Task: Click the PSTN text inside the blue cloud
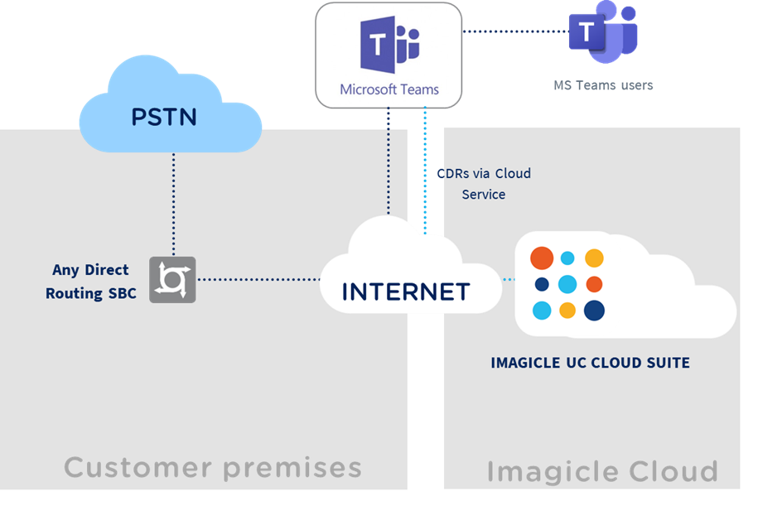point(164,117)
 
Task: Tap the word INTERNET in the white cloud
point(406,292)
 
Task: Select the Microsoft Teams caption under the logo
point(389,89)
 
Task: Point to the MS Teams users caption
point(603,85)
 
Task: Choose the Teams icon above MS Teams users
point(603,33)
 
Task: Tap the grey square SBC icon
point(172,279)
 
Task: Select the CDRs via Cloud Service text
point(484,184)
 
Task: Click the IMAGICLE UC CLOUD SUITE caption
point(590,363)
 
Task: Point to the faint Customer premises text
point(213,468)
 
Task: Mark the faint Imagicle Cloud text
point(601,471)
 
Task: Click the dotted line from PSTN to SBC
point(173,203)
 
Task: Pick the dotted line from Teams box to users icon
point(514,31)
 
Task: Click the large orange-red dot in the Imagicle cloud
point(542,258)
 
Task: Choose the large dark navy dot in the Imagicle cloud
point(594,311)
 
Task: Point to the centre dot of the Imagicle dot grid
point(567,285)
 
